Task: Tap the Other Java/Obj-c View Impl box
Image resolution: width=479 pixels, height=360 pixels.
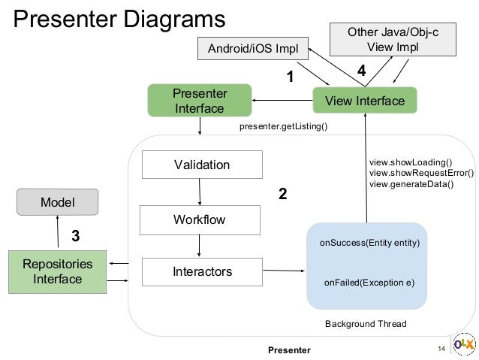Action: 383,39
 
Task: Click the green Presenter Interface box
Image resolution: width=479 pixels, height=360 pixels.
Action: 199,101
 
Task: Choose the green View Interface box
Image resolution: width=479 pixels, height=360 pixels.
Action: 364,101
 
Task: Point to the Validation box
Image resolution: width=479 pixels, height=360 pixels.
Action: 202,165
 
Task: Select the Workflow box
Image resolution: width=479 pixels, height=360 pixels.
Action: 199,219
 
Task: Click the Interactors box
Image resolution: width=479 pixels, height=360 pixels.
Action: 202,271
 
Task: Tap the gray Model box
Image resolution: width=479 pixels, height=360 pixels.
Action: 58,201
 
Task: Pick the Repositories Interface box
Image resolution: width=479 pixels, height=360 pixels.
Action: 58,272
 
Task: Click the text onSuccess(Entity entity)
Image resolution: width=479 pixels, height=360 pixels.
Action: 369,244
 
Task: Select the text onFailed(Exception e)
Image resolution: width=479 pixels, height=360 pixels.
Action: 369,283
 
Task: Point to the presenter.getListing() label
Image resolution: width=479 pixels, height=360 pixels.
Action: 283,127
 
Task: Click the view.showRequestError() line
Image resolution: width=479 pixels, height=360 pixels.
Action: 421,173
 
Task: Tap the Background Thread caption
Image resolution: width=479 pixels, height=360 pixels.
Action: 365,324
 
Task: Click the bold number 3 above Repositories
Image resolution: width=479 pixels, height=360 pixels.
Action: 75,237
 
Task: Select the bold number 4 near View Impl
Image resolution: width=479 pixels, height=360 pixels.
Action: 361,71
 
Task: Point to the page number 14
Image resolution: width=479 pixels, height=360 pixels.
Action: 441,349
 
